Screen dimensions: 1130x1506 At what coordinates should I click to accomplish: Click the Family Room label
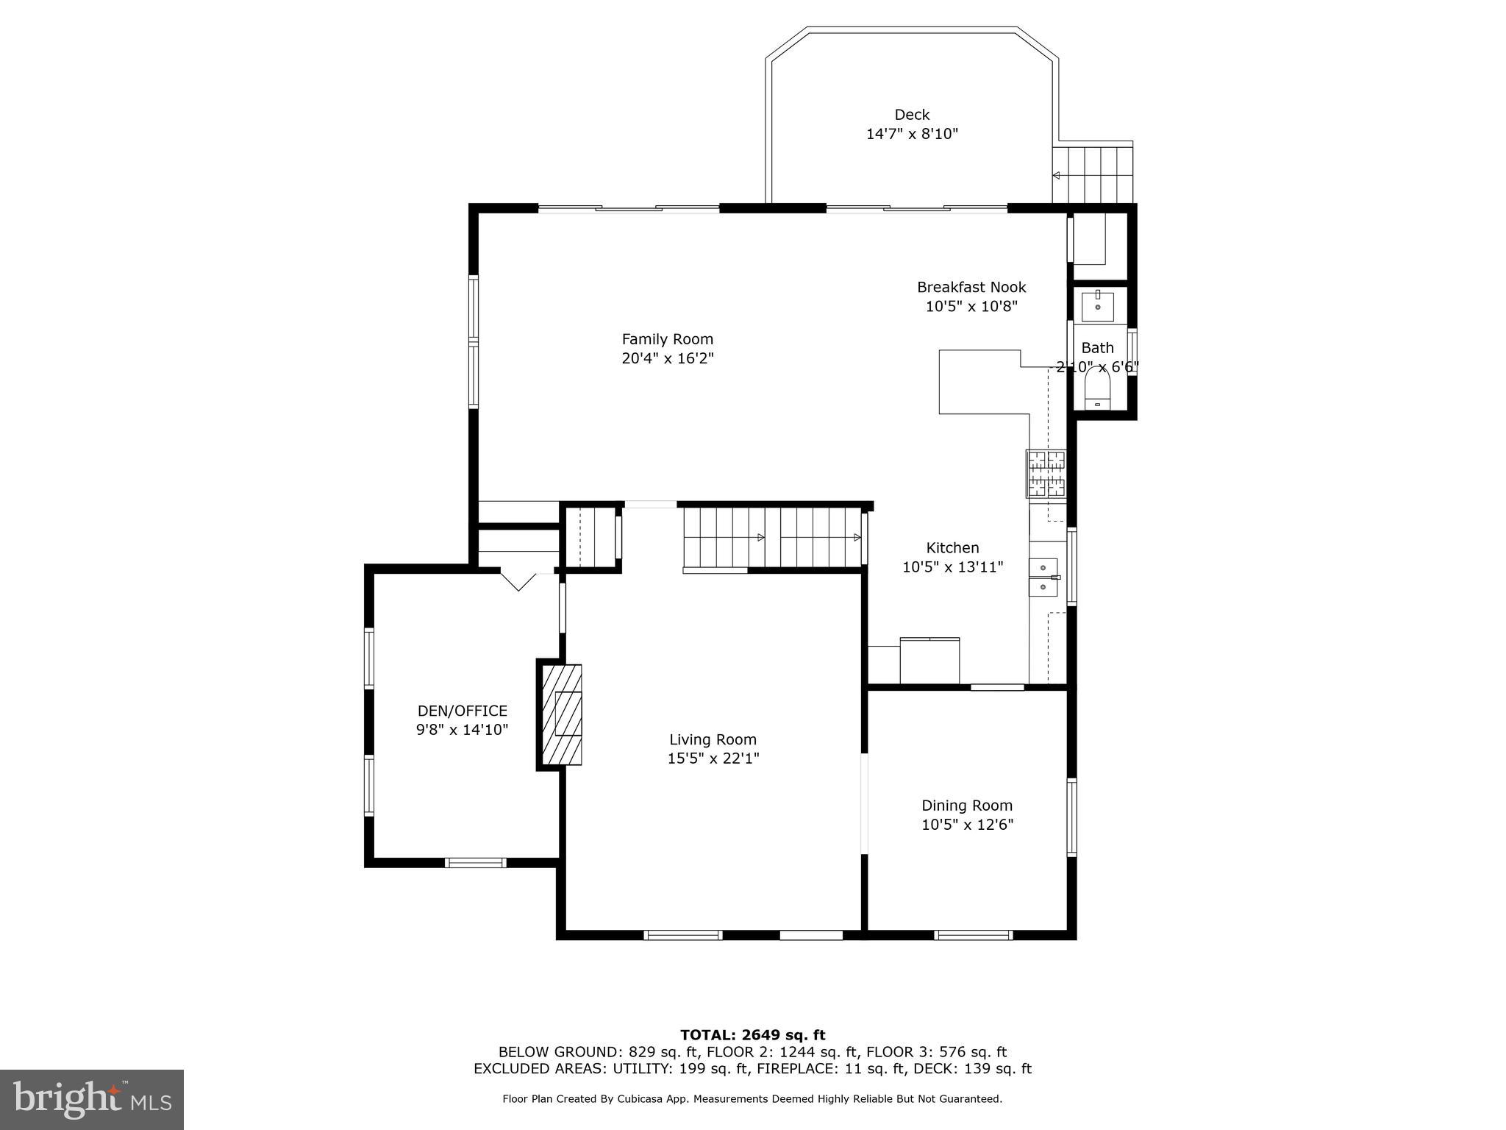click(x=667, y=339)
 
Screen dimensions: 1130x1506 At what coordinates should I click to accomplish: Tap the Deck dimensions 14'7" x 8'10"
click(x=912, y=134)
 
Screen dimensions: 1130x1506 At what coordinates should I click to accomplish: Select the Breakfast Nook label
click(x=971, y=287)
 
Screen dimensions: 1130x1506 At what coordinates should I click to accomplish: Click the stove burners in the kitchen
click(x=1046, y=472)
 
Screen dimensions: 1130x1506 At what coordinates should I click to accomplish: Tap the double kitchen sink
click(x=1043, y=578)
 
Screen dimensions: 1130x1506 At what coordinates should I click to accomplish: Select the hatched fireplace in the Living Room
click(x=562, y=714)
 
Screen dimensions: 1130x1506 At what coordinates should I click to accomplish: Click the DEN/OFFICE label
click(x=462, y=711)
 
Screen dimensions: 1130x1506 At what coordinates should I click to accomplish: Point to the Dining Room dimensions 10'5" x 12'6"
click(x=967, y=825)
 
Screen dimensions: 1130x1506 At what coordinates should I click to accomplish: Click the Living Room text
click(x=713, y=739)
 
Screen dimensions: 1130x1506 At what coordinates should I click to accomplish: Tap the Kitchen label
click(x=952, y=547)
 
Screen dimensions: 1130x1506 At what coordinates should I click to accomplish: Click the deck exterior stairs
click(x=1092, y=175)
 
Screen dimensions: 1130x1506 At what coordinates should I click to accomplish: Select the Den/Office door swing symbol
click(x=519, y=579)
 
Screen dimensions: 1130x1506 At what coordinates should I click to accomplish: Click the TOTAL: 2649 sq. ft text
click(x=752, y=1035)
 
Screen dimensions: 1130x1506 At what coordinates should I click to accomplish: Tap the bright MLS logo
click(x=92, y=1099)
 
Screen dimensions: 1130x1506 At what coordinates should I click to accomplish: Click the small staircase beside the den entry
click(x=593, y=537)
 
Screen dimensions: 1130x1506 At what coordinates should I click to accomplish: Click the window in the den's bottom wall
click(x=476, y=862)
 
